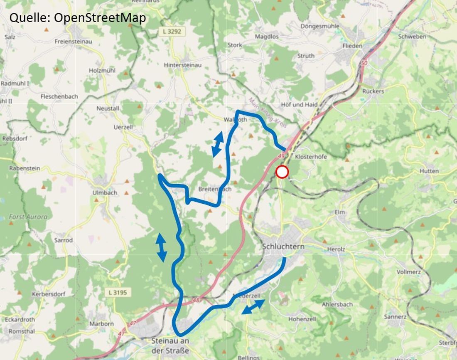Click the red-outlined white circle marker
(x=282, y=172)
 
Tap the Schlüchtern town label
(x=283, y=247)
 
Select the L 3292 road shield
(x=172, y=31)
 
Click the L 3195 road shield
(x=119, y=293)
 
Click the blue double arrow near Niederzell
(x=253, y=307)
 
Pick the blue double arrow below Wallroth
(x=217, y=144)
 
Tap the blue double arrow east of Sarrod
(x=161, y=247)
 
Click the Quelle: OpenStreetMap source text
(x=78, y=18)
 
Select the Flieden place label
(x=352, y=46)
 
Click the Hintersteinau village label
(x=182, y=65)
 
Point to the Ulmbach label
(x=105, y=193)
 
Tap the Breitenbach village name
(x=215, y=189)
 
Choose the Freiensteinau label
(x=74, y=42)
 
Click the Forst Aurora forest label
(x=28, y=217)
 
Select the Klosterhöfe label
(x=311, y=157)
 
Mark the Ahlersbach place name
(x=337, y=304)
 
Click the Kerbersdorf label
(x=49, y=294)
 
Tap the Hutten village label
(x=429, y=171)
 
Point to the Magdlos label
(x=266, y=37)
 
